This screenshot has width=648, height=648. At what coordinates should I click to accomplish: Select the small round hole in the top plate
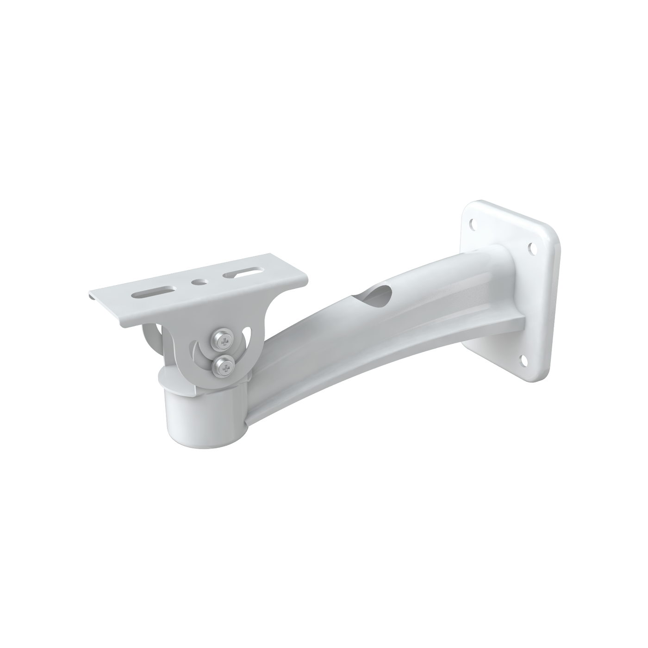pos(199,281)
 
